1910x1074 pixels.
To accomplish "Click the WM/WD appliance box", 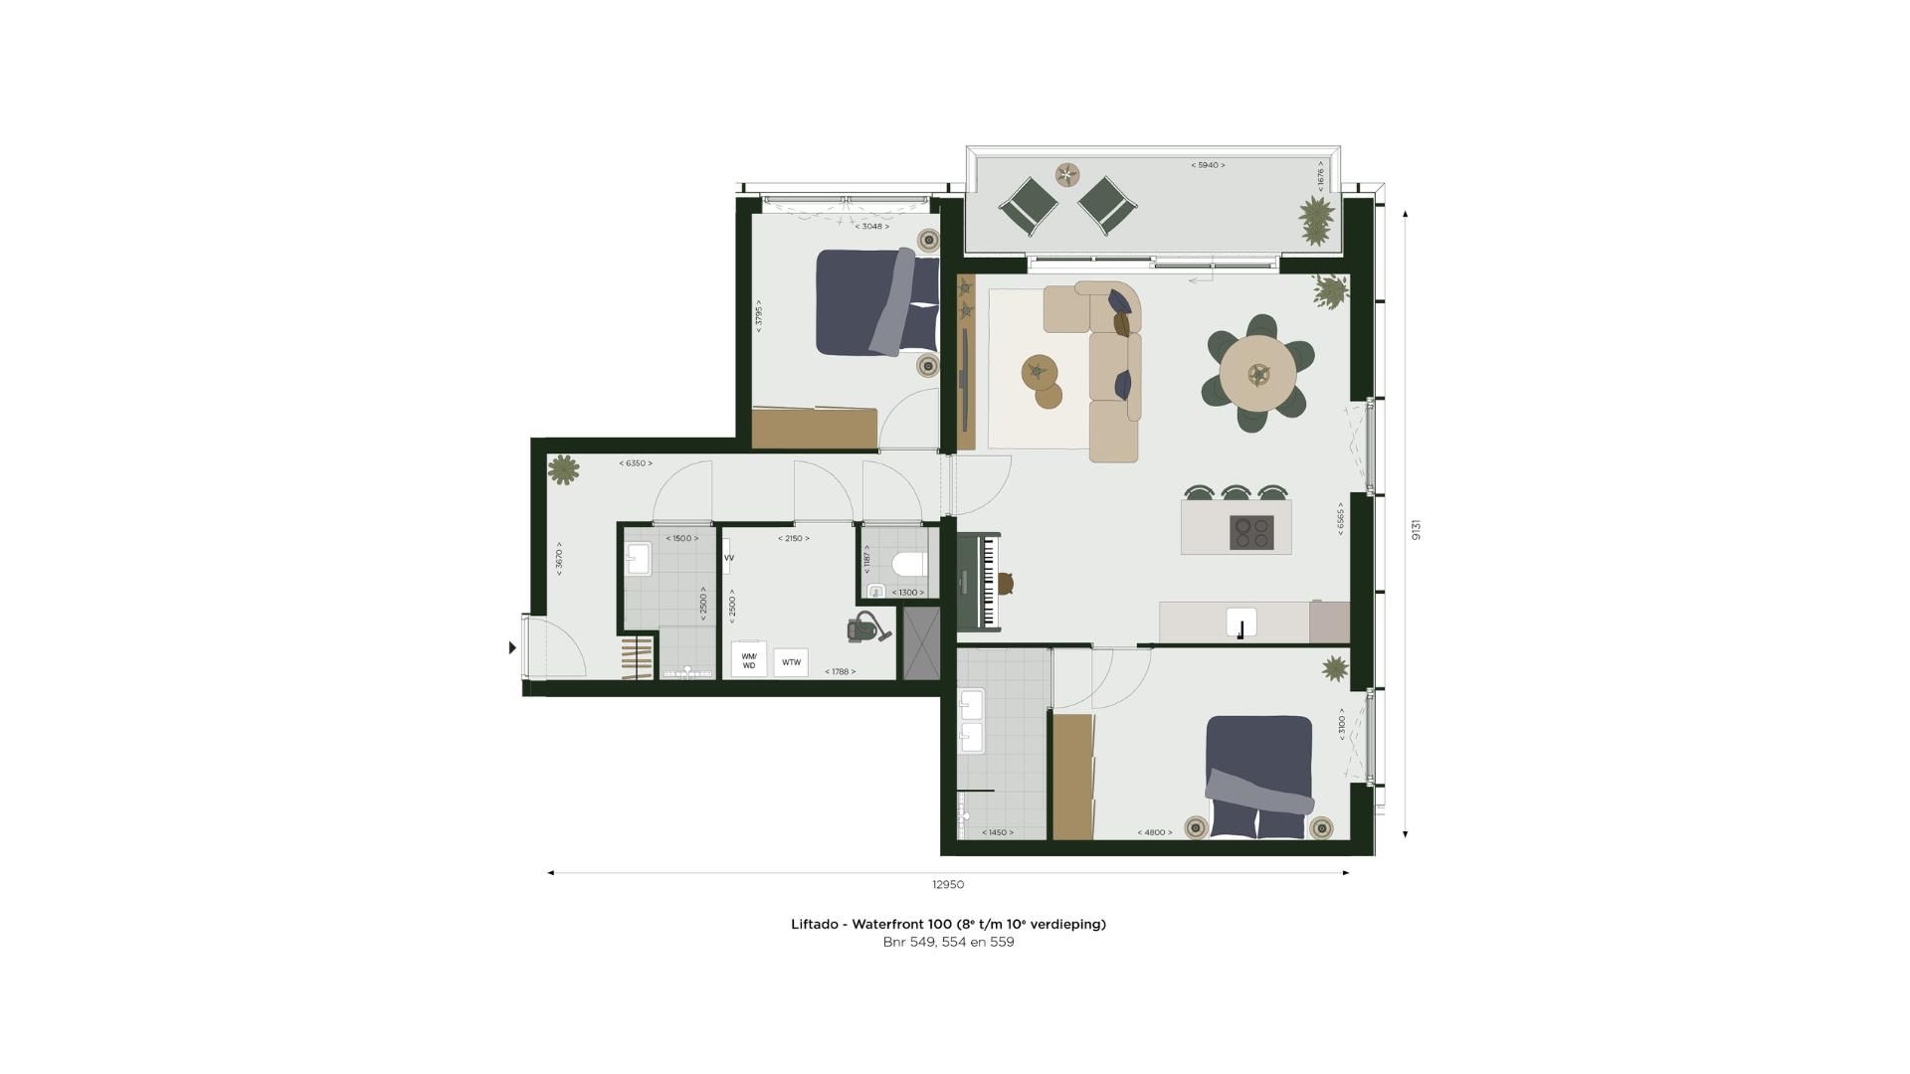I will [748, 660].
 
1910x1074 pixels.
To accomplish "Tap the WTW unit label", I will [791, 662].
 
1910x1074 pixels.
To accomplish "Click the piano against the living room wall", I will [980, 582].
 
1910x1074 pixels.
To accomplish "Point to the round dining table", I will [1258, 374].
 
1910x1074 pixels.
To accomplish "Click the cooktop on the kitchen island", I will [1251, 532].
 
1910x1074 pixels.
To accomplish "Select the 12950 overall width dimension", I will [947, 884].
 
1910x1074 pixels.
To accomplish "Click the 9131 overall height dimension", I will [1417, 529].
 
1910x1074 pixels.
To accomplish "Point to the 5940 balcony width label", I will [1208, 165].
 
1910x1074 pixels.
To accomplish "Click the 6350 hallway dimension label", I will [635, 463].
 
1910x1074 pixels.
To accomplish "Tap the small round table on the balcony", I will [1066, 175].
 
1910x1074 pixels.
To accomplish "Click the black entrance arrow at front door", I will [512, 647].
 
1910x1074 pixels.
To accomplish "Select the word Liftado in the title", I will [814, 924].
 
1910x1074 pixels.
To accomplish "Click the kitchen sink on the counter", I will [1241, 624].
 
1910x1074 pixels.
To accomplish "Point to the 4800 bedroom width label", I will [1154, 832].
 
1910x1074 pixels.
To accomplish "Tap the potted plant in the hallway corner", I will [563, 469].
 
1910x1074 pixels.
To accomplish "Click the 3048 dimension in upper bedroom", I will [871, 227].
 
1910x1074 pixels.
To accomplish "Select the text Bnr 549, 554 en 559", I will [948, 942].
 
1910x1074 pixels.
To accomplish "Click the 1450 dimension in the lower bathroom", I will [997, 832].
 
